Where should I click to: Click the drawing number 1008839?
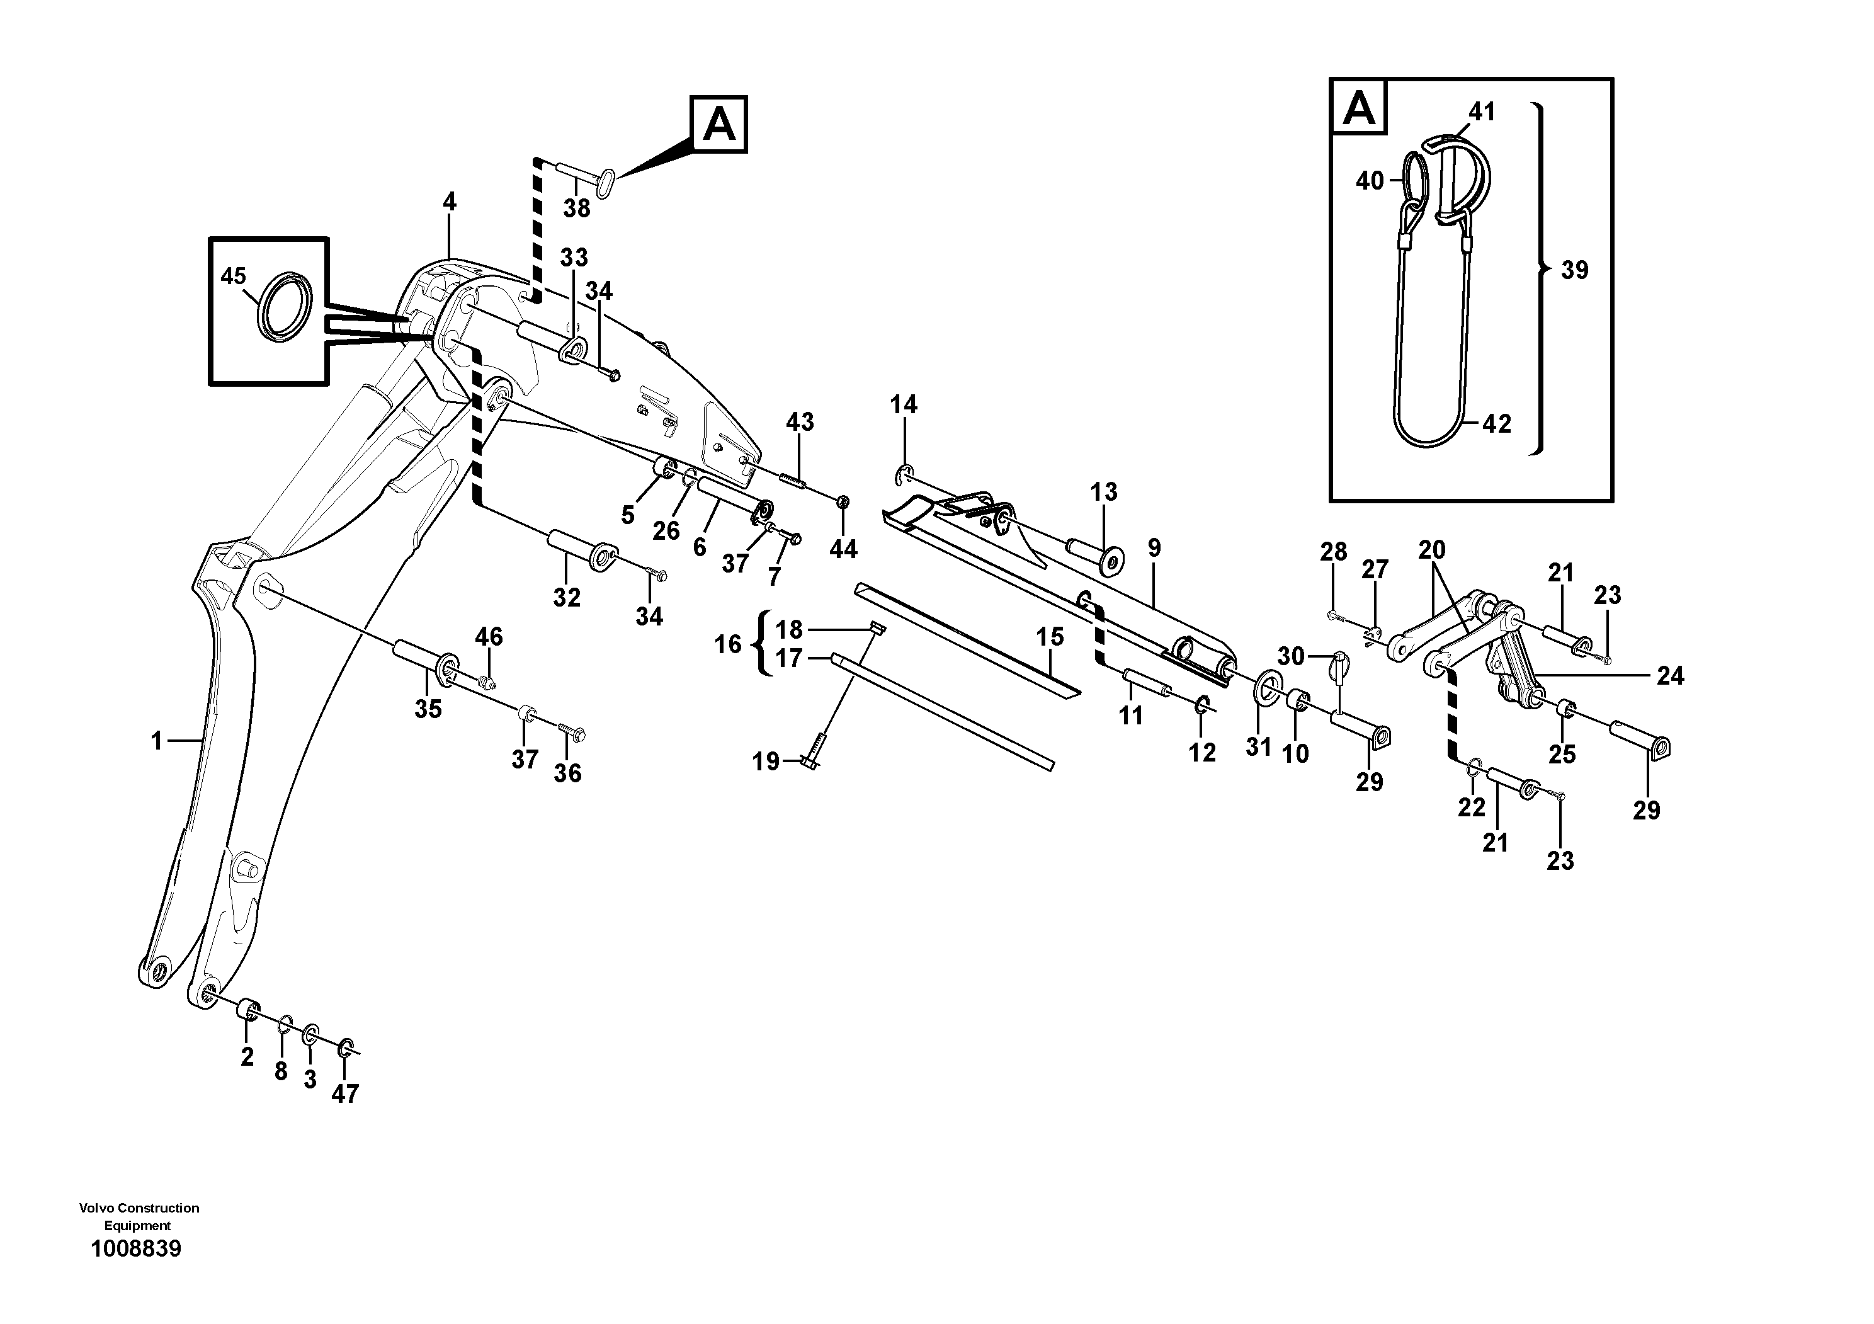click(x=136, y=1249)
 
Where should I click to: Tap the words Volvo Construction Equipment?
click(x=139, y=1216)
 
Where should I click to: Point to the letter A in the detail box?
click(x=1359, y=108)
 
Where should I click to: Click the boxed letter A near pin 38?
click(x=719, y=125)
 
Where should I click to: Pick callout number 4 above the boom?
click(x=450, y=202)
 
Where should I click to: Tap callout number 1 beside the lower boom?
click(x=157, y=741)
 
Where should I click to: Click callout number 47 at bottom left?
click(x=344, y=1094)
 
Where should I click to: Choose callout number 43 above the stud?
click(x=800, y=422)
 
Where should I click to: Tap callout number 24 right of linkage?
click(x=1671, y=676)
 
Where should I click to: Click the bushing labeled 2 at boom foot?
click(x=249, y=1012)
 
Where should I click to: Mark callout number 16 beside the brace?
click(x=728, y=645)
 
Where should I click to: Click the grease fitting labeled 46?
click(x=487, y=682)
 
